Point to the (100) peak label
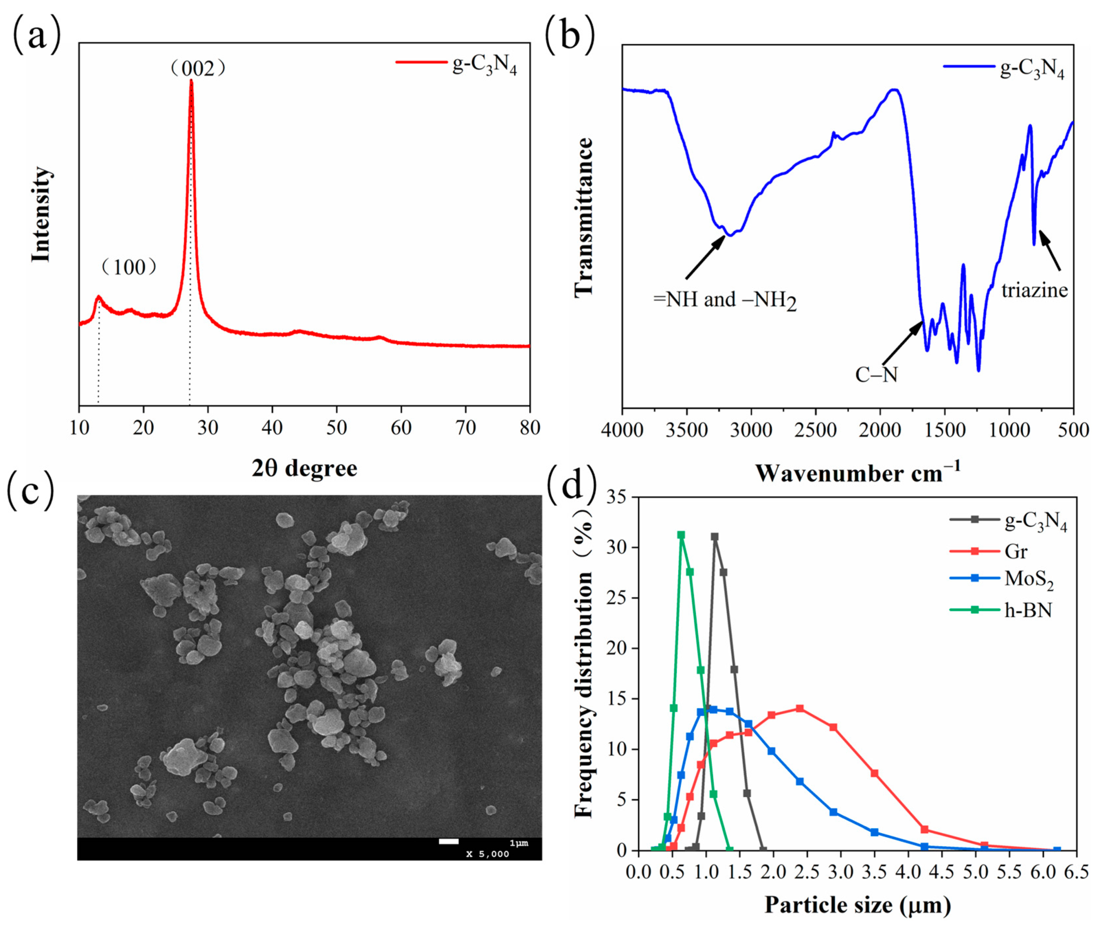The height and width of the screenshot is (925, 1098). pyautogui.click(x=129, y=267)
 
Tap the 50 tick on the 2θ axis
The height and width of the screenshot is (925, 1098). pyautogui.click(x=337, y=428)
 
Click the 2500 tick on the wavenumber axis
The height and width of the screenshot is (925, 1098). pyautogui.click(x=816, y=431)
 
